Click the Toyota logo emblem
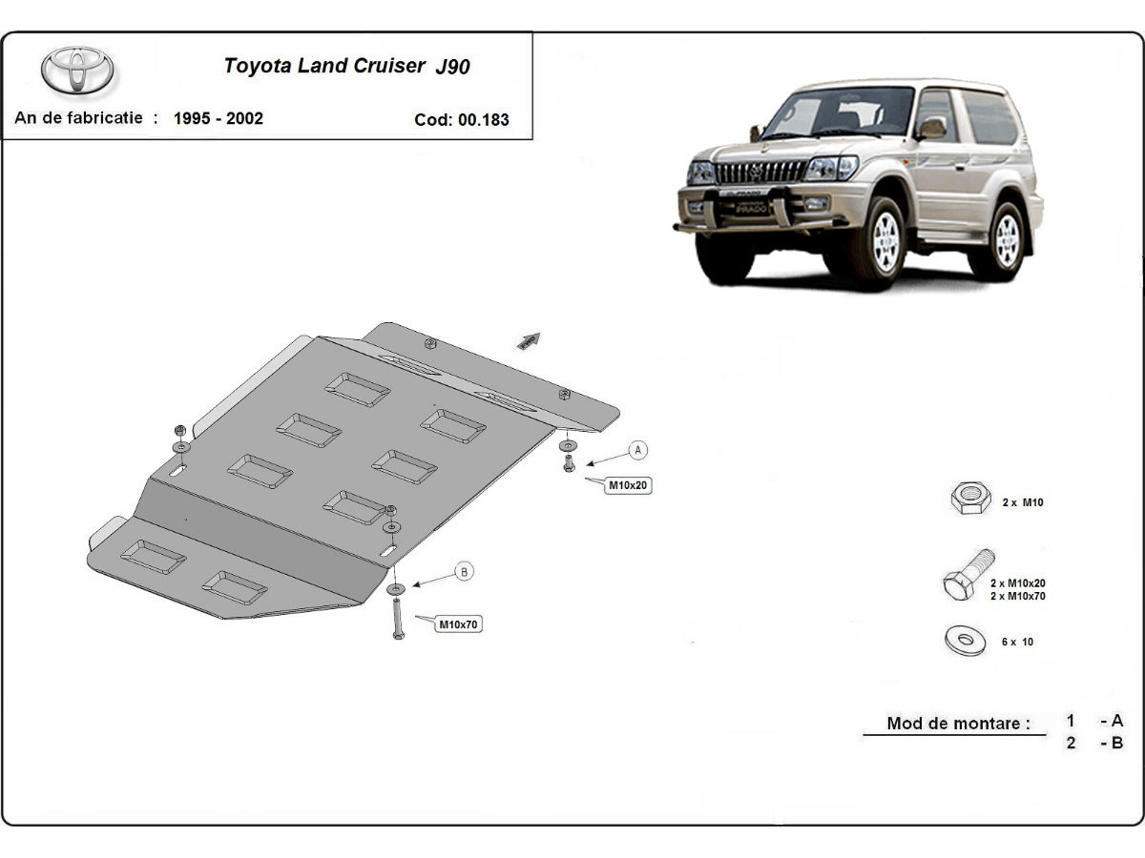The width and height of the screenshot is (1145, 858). pyautogui.click(x=76, y=71)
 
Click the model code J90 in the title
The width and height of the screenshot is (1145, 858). pyautogui.click(x=452, y=67)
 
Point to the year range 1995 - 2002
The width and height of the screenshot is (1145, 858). pyautogui.click(x=219, y=118)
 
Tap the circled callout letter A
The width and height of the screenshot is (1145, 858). pyautogui.click(x=637, y=450)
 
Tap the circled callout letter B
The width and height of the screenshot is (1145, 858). pyautogui.click(x=465, y=572)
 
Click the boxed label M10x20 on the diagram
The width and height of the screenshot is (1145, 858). pyautogui.click(x=629, y=485)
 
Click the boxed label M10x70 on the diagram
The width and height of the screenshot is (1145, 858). pyautogui.click(x=458, y=625)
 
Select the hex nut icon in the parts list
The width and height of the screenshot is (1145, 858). pyautogui.click(x=969, y=499)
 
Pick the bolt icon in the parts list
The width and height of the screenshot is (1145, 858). pyautogui.click(x=968, y=574)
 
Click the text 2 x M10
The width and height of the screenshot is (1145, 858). pyautogui.click(x=1023, y=501)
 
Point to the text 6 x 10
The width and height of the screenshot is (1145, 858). pyautogui.click(x=1017, y=643)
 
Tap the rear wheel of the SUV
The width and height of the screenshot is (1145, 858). pyautogui.click(x=1007, y=239)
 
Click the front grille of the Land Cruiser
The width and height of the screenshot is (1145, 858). pyautogui.click(x=761, y=172)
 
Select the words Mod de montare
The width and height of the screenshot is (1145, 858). pyautogui.click(x=958, y=724)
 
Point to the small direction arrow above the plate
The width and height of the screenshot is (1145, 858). pyautogui.click(x=529, y=340)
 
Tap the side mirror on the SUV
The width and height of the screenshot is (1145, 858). pyautogui.click(x=931, y=127)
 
